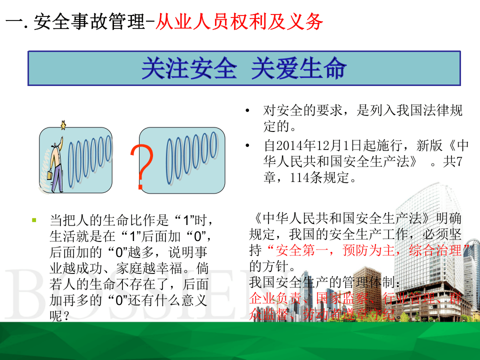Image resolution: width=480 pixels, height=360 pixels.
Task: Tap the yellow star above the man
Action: pyautogui.click(x=63, y=124)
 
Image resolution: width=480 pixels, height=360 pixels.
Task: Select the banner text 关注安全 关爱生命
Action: pyautogui.click(x=243, y=68)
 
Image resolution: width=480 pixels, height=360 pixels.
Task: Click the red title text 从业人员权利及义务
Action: pyautogui.click(x=239, y=22)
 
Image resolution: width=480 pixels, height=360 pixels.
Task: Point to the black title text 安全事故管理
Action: pyautogui.click(x=89, y=22)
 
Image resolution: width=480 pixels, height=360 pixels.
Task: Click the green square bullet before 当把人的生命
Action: pyautogui.click(x=34, y=219)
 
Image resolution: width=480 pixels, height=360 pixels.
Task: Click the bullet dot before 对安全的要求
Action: pyautogui.click(x=247, y=110)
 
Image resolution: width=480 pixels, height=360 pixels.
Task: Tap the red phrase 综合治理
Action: pyautogui.click(x=435, y=250)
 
